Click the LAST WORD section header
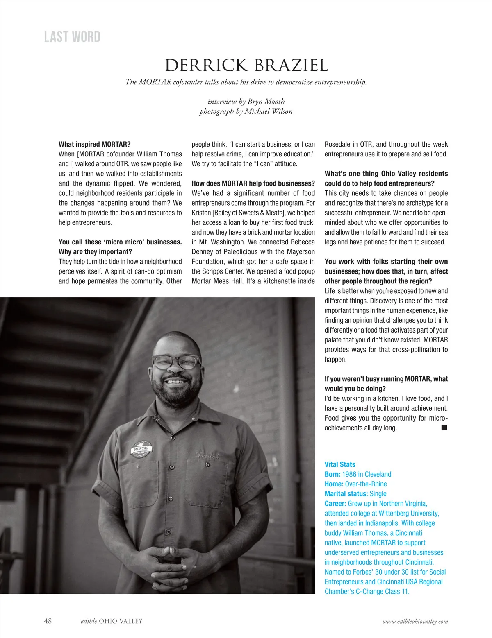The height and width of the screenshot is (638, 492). pos(72,37)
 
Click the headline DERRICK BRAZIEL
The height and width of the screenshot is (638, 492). pos(246,66)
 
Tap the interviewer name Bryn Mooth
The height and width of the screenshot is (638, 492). pos(266,102)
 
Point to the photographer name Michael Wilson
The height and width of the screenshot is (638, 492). pos(269,111)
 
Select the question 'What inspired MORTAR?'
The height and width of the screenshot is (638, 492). pos(95,144)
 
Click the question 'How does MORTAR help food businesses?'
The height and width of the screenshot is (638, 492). pos(253,183)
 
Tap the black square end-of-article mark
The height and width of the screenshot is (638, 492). pos(444,428)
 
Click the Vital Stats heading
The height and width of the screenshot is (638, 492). pos(340,464)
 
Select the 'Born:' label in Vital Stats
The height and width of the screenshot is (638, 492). pos(333,474)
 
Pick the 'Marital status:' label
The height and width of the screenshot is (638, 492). pos(346,494)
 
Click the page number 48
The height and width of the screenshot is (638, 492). pos(48,621)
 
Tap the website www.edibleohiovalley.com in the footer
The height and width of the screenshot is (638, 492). pos(415,621)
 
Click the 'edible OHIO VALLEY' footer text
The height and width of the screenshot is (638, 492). pos(112,621)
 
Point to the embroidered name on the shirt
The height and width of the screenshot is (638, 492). pos(207,455)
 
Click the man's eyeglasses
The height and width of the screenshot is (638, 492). pos(176,362)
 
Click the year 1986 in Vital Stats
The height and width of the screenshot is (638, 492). pos(349,474)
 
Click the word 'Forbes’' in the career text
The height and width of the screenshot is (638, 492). pos(361,572)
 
